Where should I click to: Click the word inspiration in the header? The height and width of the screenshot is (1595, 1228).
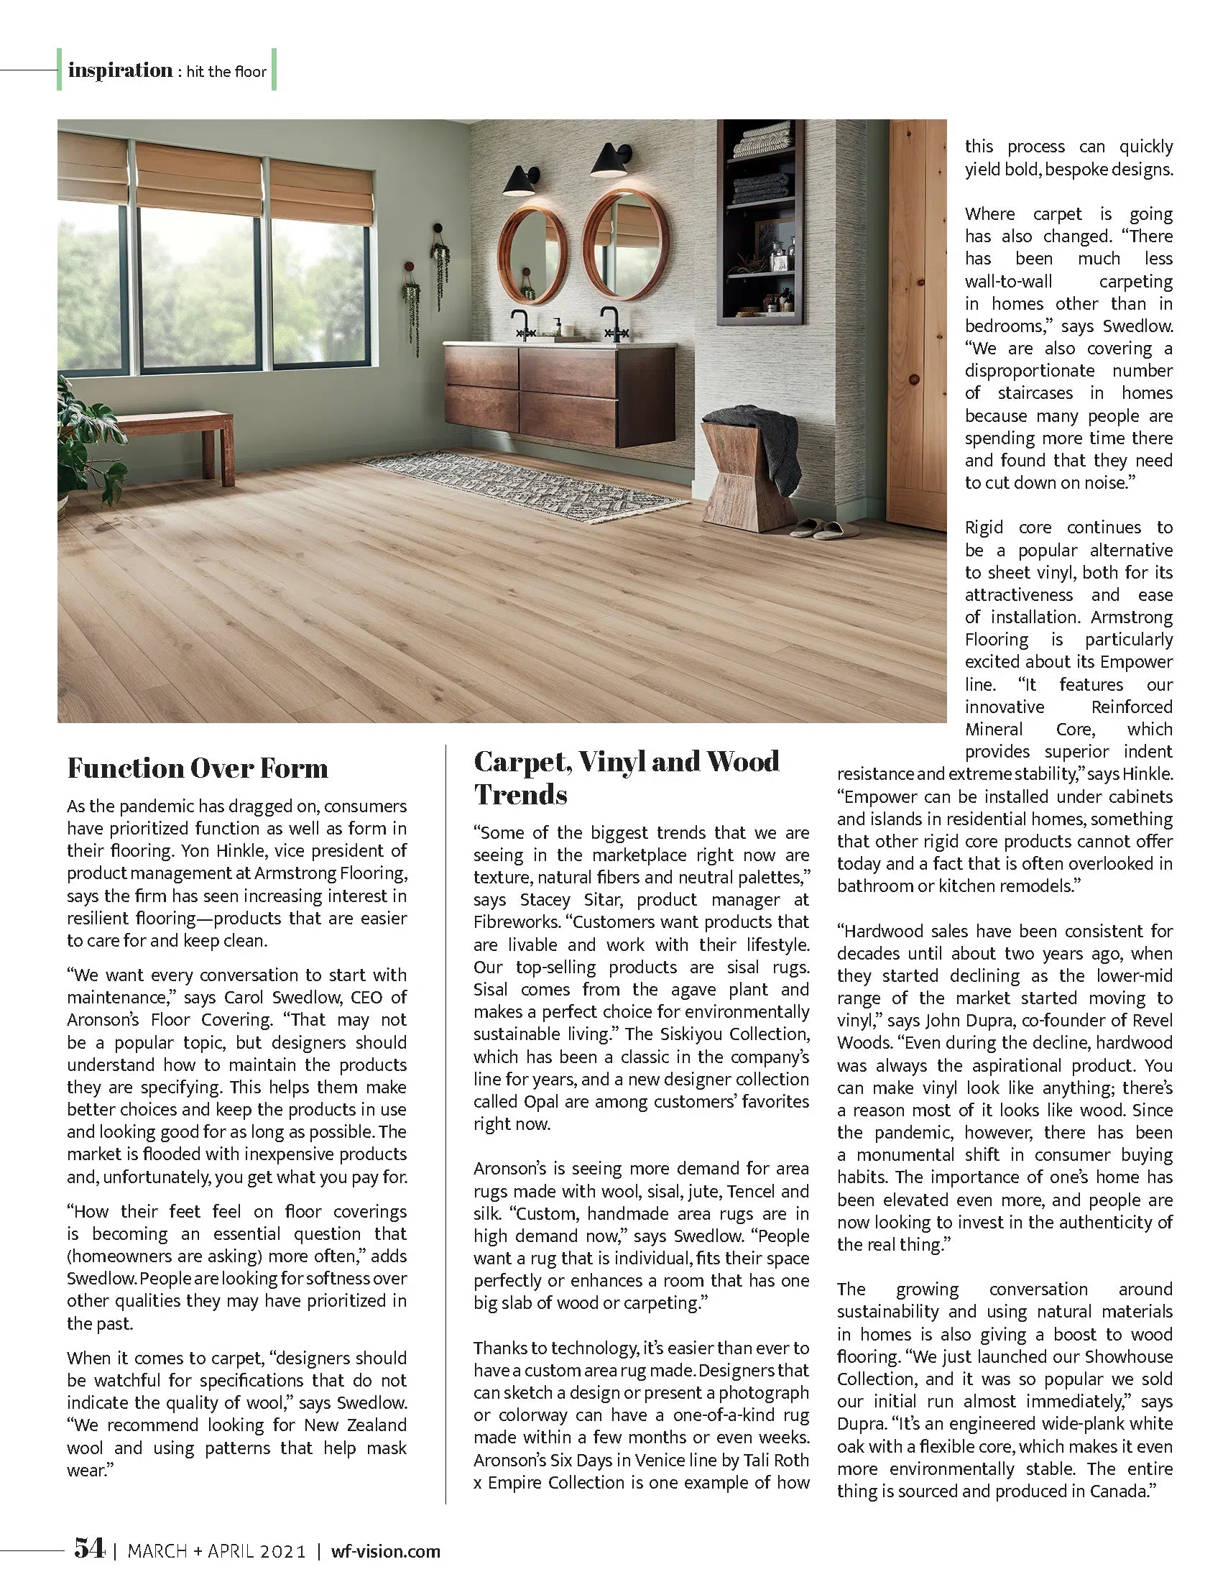(120, 70)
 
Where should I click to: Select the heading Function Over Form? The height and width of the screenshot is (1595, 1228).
(197, 768)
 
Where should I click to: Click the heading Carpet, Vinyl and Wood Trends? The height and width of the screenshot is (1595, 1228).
(626, 777)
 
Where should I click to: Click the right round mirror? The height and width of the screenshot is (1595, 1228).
(627, 244)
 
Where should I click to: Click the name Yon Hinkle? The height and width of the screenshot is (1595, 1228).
(218, 851)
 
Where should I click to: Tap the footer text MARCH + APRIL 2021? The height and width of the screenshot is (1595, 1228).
(217, 1551)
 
